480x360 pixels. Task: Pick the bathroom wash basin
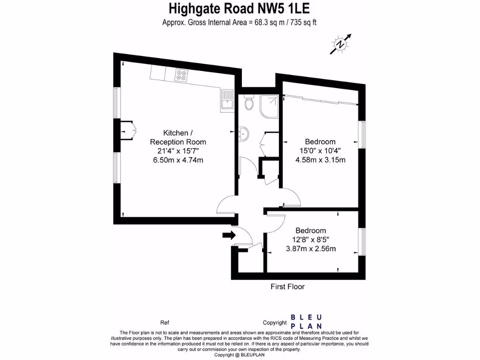click(x=242, y=134)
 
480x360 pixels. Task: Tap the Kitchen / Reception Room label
click(x=178, y=137)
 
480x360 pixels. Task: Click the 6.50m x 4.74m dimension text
click(x=178, y=160)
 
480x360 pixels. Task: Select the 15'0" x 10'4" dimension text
click(x=320, y=150)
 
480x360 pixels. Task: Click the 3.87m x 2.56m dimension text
click(x=311, y=248)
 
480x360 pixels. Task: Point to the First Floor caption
click(x=287, y=286)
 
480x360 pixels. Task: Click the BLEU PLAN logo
click(x=306, y=322)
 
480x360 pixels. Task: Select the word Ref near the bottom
click(x=165, y=322)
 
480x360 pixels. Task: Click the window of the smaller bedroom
click(x=362, y=242)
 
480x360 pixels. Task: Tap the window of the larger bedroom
click(x=362, y=135)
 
